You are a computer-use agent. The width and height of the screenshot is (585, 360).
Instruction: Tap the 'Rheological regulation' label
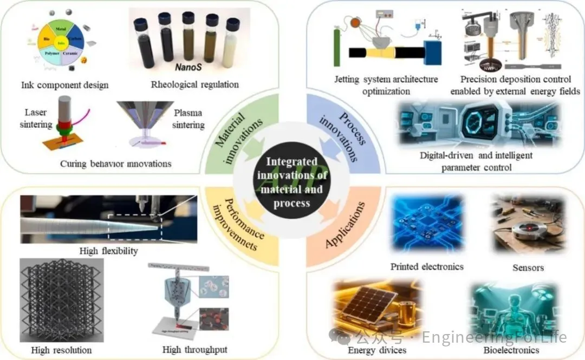[194, 84]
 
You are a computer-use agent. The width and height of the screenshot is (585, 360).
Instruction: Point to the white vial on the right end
[233, 41]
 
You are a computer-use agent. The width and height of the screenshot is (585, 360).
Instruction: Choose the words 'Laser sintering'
[36, 119]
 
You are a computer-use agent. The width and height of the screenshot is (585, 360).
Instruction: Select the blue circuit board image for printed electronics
[427, 225]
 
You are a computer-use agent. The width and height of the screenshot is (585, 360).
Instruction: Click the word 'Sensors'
[528, 267]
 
